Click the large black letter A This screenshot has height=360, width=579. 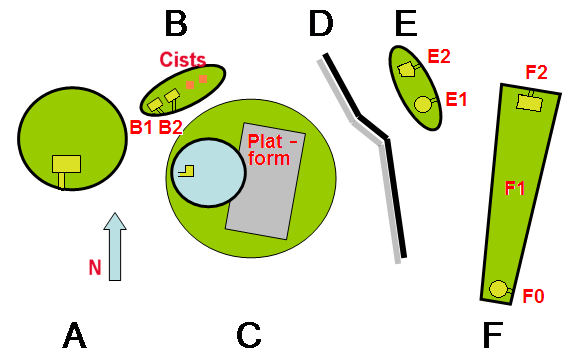coord(75,335)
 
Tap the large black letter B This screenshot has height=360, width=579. coord(176,24)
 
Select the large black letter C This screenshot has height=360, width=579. coord(249,335)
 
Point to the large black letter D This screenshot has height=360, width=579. coord(321,24)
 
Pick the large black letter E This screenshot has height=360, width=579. coord(406,24)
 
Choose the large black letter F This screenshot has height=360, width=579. coord(493,335)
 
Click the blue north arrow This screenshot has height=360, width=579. coord(115,246)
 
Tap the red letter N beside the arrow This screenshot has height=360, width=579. coord(95,267)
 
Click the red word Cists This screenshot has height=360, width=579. coord(182,59)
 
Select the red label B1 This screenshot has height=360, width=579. coord(141,127)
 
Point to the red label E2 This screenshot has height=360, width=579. coord(439,56)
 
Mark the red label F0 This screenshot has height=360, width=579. coord(533,296)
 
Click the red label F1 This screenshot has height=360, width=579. coord(515,189)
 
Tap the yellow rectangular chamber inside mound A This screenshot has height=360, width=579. coord(66,164)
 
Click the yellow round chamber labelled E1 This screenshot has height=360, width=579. coord(423,104)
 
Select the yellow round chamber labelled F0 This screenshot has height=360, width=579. coord(498,289)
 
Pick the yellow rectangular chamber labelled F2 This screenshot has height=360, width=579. coord(530,102)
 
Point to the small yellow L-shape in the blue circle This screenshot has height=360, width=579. coord(187,171)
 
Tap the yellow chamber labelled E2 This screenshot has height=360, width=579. coord(405,69)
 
